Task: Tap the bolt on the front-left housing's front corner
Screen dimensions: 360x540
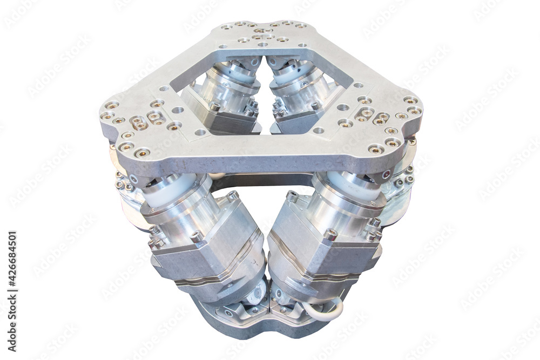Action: [x=197, y=236]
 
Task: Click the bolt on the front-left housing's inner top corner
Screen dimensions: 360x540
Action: [x=233, y=195]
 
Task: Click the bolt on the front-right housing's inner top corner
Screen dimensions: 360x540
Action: [x=292, y=195]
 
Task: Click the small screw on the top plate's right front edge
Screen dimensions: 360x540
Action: [x=386, y=174]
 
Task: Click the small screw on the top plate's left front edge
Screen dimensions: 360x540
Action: [x=133, y=179]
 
